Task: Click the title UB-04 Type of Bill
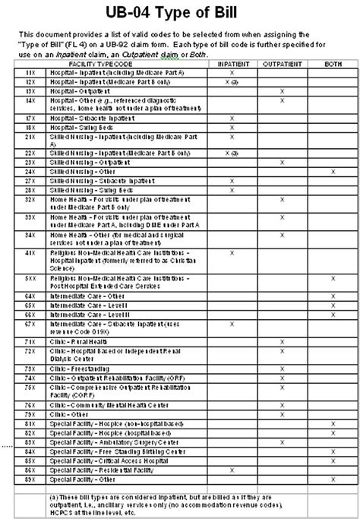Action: coord(180,13)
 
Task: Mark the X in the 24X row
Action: coord(333,172)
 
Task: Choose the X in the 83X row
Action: coord(282,441)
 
